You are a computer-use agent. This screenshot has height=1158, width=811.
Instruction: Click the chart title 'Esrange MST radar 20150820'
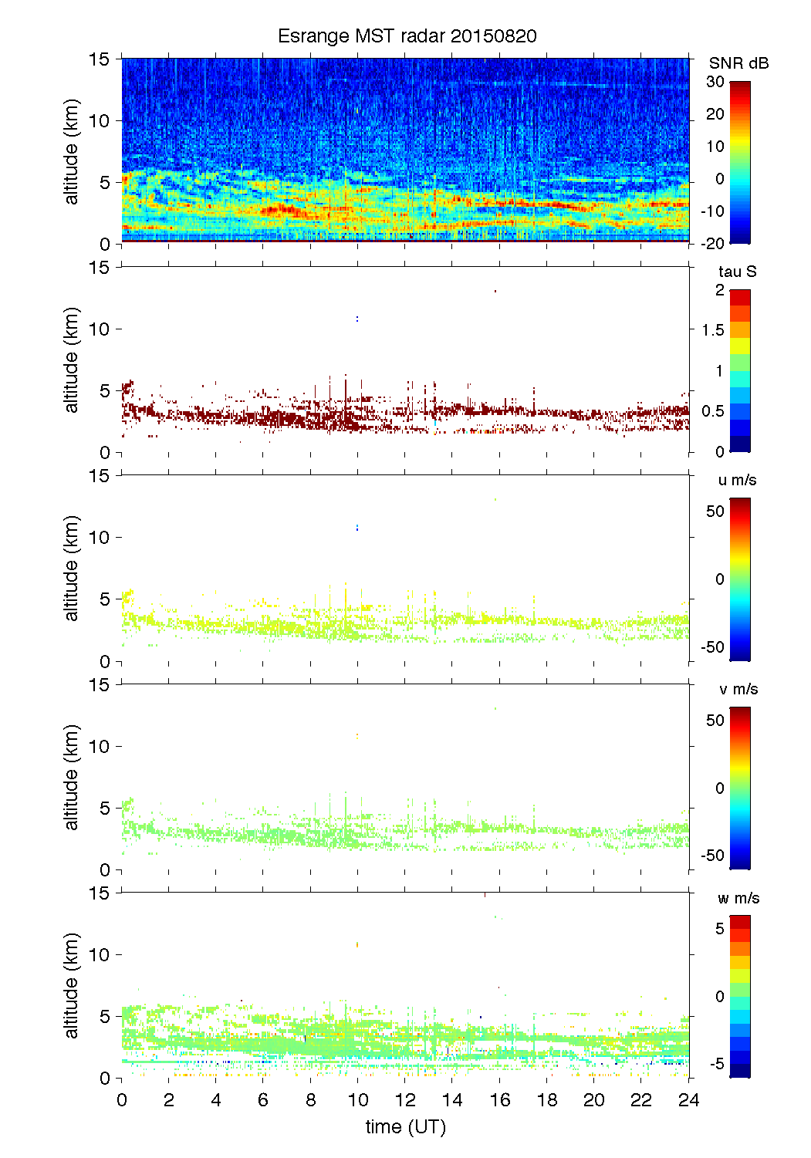[x=407, y=36]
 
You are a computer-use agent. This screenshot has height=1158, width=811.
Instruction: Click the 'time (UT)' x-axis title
[x=405, y=1127]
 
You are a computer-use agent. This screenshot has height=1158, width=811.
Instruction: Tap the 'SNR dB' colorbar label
[x=738, y=63]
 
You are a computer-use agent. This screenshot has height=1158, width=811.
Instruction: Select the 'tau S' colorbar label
[x=737, y=272]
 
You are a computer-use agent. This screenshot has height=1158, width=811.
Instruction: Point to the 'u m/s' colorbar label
[x=737, y=480]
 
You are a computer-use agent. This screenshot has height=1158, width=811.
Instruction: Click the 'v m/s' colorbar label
[x=738, y=689]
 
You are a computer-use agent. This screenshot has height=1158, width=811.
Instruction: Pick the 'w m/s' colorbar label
[x=738, y=898]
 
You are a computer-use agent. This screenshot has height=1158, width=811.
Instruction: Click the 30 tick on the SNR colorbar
[x=715, y=82]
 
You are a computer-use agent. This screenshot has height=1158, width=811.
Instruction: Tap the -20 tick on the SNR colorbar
[x=713, y=243]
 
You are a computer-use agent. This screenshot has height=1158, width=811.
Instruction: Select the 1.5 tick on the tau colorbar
[x=713, y=330]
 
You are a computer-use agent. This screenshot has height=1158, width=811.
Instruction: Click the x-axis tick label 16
[x=499, y=1100]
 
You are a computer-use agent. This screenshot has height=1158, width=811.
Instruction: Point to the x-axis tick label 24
[x=688, y=1100]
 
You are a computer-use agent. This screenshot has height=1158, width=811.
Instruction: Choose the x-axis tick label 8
[x=310, y=1100]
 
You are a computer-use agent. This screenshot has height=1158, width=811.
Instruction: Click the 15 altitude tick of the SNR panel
[x=100, y=59]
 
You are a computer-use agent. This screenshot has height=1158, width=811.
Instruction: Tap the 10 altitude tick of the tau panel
[x=100, y=329]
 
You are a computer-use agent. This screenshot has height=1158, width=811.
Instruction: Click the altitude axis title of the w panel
[x=72, y=985]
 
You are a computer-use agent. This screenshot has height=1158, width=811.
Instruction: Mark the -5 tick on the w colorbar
[x=716, y=1064]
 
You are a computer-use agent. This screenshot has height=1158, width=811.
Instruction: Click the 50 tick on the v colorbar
[x=715, y=721]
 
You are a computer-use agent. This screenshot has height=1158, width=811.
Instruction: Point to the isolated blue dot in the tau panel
[x=357, y=318]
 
